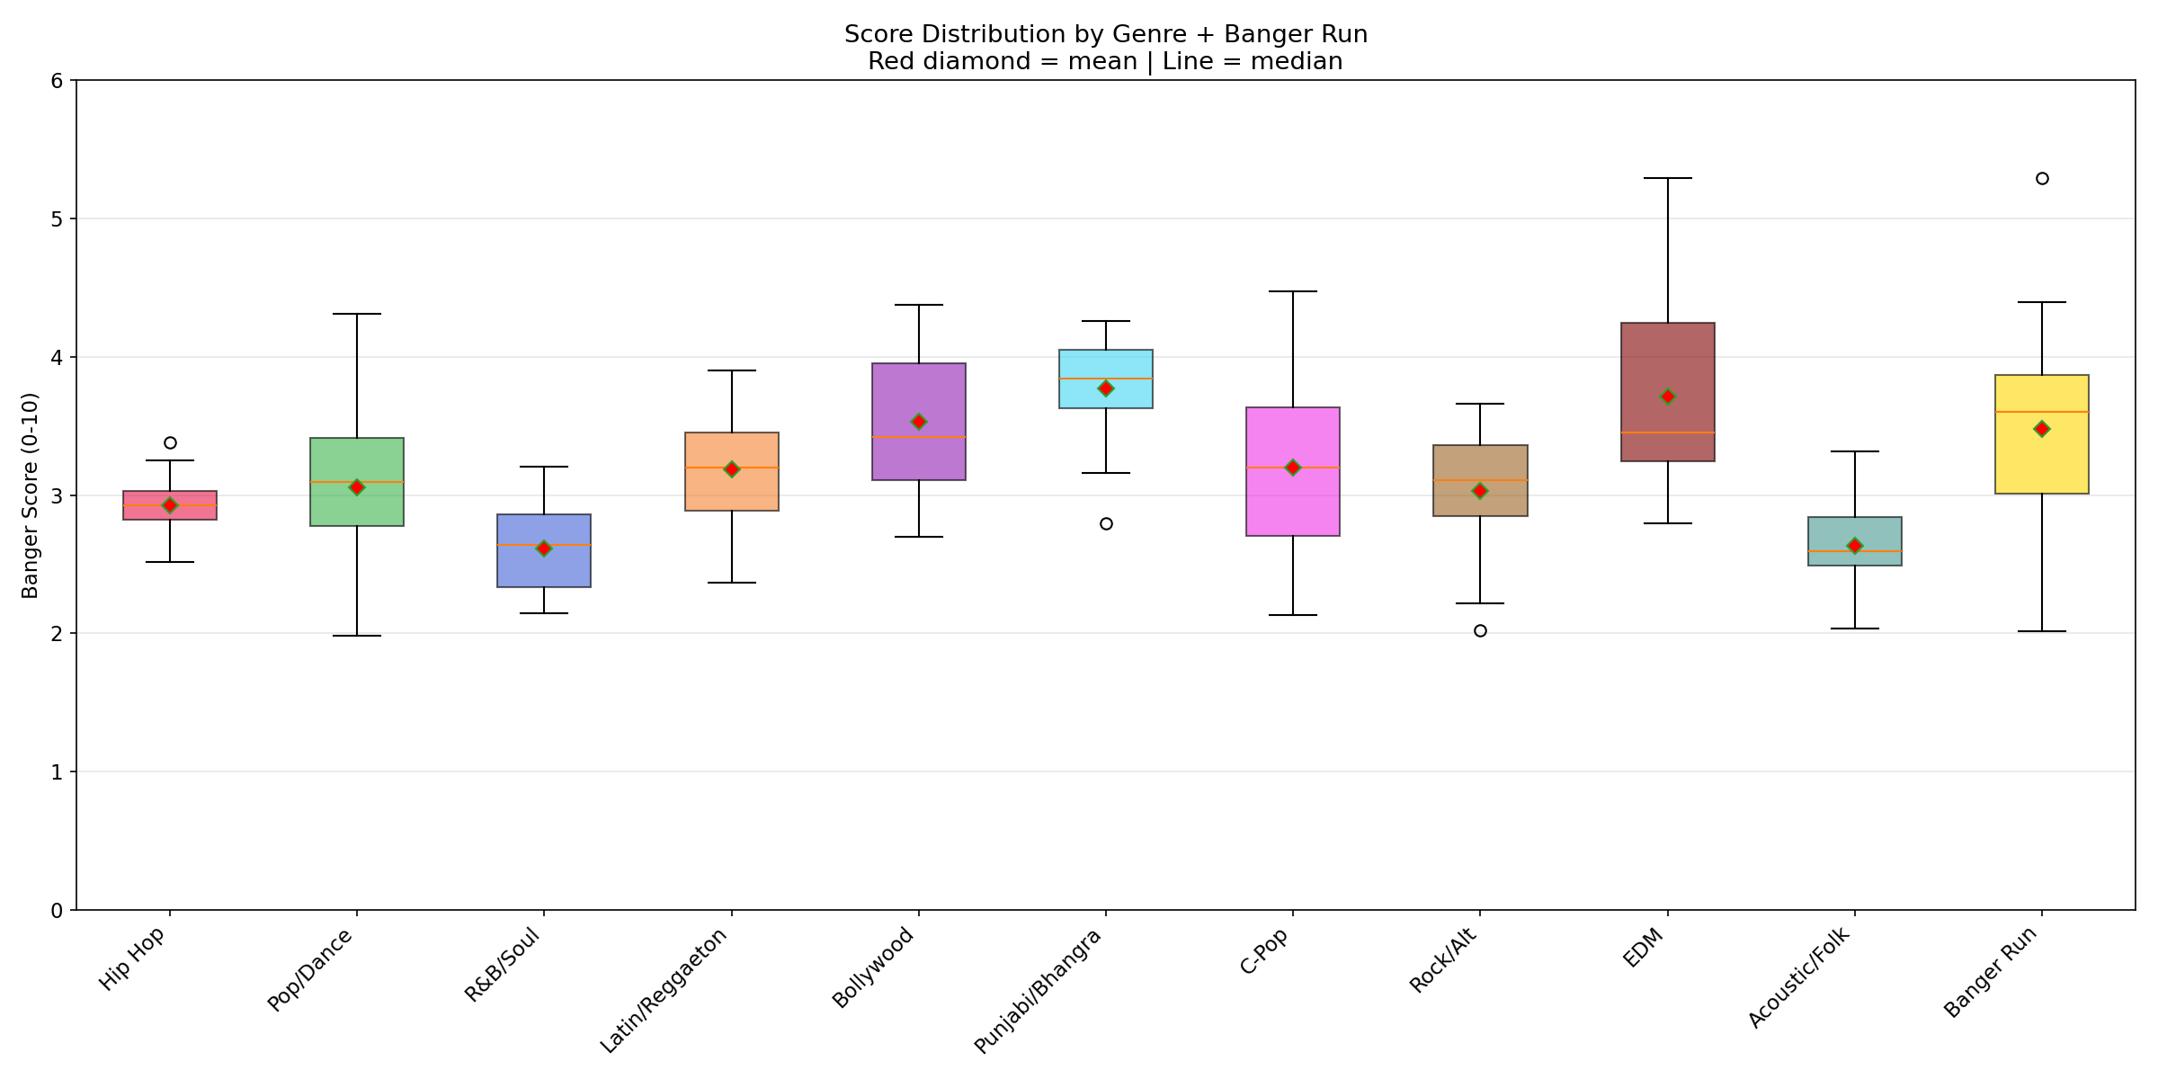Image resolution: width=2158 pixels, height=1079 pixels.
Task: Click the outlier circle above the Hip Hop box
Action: coord(170,442)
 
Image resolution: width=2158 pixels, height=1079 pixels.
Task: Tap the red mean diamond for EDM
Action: coord(1668,397)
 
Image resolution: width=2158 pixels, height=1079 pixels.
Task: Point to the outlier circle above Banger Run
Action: coord(2042,178)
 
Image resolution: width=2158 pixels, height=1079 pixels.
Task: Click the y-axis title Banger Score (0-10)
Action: coord(30,495)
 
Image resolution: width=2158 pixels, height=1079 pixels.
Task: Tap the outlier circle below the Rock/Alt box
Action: coord(1480,630)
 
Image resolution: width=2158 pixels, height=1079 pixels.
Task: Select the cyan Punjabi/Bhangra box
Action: coord(1106,364)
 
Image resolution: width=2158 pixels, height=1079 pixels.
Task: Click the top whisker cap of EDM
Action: coord(1668,178)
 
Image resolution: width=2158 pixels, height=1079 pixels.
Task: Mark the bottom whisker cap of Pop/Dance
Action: coord(357,636)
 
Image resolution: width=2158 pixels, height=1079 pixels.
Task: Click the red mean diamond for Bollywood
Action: coord(919,422)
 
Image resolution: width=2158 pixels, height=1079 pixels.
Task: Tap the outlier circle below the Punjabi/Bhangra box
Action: coord(1106,523)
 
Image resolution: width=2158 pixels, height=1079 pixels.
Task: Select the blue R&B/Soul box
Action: coord(544,571)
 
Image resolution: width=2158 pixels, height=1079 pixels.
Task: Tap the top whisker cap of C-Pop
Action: coord(1293,291)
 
